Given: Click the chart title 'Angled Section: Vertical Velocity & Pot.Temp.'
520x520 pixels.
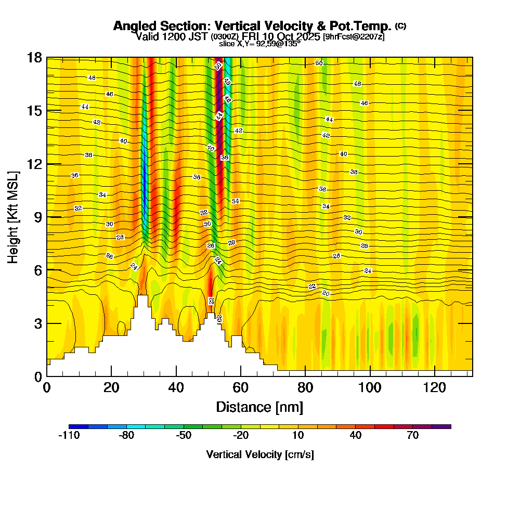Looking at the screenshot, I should [x=252, y=26].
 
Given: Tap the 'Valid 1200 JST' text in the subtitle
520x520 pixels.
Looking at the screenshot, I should [x=172, y=36].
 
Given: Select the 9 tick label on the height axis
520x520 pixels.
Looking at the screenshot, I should [x=38, y=217].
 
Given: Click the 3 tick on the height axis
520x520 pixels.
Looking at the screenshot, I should [x=38, y=323].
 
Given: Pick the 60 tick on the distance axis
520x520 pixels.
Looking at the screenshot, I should [x=241, y=387].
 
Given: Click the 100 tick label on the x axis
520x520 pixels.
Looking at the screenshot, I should [x=370, y=387].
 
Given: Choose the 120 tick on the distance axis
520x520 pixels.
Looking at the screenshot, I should [x=435, y=387].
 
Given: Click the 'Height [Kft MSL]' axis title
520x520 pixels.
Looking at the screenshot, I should [x=13, y=216].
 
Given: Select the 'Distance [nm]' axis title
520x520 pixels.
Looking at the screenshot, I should [x=259, y=407].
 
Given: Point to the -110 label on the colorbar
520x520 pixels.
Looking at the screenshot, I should [x=69, y=436].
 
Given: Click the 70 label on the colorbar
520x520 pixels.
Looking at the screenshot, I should [x=413, y=436].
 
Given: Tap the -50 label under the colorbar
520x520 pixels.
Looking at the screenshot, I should [x=184, y=436].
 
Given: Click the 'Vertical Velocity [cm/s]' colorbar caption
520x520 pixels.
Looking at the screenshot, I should [x=260, y=454].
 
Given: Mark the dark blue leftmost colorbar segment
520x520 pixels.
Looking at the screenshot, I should [x=78, y=426].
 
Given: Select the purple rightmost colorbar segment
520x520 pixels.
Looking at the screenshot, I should [x=441, y=426].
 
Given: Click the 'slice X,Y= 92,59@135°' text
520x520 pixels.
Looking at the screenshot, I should [x=259, y=44].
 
